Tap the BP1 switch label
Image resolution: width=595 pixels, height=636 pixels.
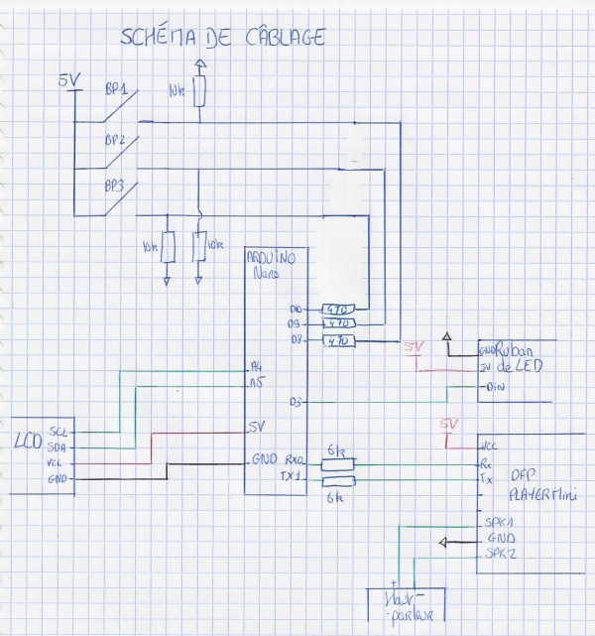point(116,89)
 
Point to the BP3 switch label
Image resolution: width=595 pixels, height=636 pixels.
point(115,185)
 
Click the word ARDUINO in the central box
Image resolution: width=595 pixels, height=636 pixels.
point(273,257)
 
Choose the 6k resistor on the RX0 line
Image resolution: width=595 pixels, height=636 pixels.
point(338,462)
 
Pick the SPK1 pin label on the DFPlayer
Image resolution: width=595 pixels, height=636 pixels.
point(493,522)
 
